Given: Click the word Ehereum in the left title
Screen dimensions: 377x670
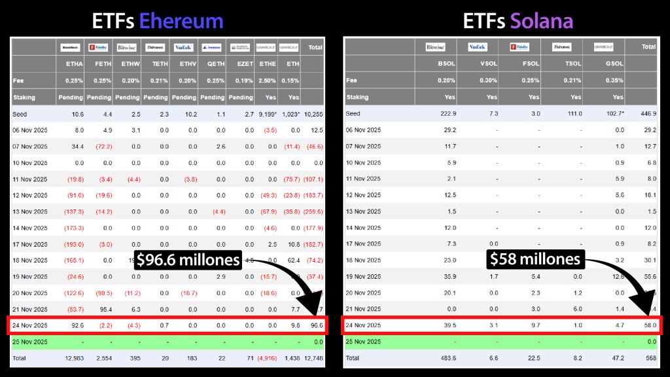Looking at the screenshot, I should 181,21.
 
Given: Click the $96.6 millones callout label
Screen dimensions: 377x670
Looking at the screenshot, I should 188,260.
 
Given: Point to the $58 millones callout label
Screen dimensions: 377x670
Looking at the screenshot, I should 535,260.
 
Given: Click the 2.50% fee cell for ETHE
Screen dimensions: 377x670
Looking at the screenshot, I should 267,81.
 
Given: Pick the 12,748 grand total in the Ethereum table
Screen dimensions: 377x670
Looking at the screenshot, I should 313,358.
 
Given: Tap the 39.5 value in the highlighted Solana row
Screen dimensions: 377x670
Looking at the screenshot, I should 448,325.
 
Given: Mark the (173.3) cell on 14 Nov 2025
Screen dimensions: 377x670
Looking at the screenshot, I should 73,228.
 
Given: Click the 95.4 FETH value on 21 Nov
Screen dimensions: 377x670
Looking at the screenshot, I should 104,309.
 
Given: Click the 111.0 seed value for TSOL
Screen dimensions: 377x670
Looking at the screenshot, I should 573,114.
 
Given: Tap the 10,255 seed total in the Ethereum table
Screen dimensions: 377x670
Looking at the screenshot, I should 313,114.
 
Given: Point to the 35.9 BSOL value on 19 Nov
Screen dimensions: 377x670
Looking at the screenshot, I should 448,276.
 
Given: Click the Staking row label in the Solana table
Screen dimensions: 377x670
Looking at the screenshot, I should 357,98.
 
